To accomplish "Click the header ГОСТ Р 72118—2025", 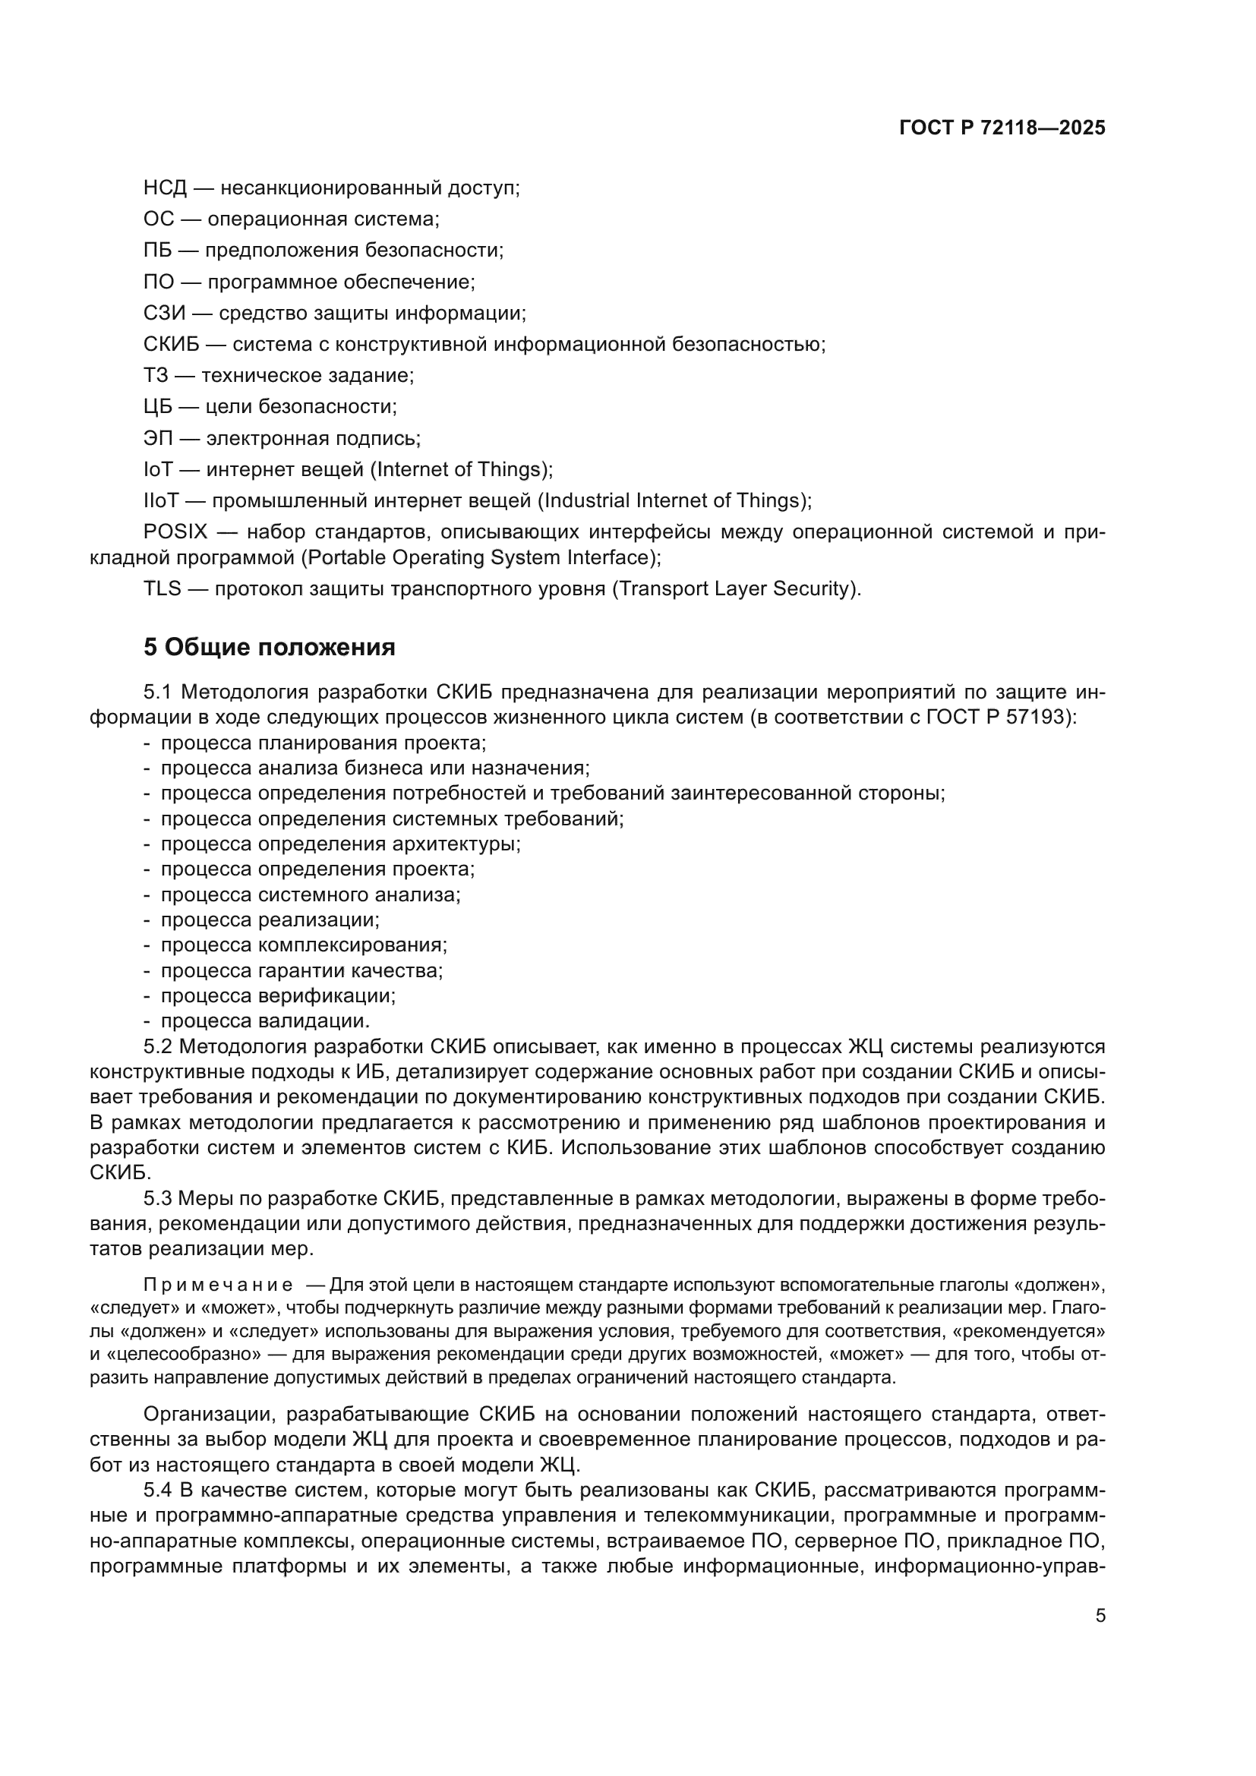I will tap(1002, 128).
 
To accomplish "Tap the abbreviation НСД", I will tap(165, 188).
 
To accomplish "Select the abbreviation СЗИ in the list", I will tap(165, 314).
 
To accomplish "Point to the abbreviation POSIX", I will tap(175, 532).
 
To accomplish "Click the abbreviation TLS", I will tap(162, 588).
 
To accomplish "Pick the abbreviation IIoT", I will tap(161, 500).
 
